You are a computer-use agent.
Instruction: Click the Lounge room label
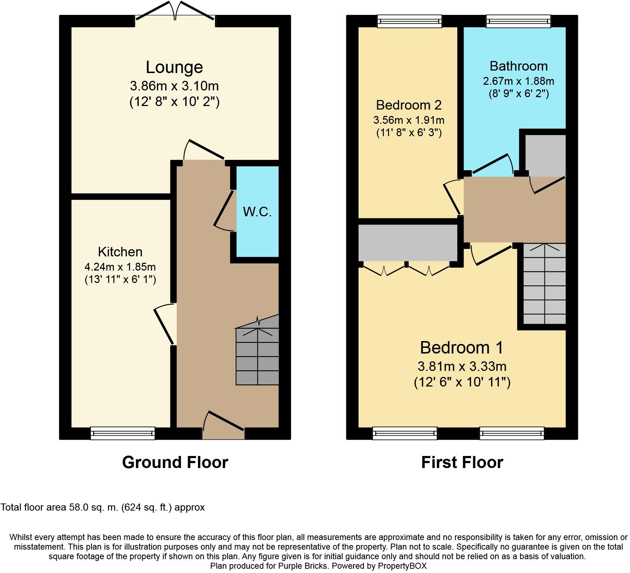174,67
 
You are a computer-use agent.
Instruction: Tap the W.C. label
257,212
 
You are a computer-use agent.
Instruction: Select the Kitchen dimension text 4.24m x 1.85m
120,267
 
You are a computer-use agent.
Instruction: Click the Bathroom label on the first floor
519,66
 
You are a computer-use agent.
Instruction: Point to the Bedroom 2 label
409,105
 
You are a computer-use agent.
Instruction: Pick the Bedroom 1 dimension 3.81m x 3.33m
462,366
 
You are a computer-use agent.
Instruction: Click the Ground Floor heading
175,462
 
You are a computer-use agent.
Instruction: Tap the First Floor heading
462,462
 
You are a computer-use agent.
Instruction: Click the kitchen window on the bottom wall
123,433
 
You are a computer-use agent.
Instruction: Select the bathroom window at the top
518,21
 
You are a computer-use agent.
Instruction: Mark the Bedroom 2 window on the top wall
410,21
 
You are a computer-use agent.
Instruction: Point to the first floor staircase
545,284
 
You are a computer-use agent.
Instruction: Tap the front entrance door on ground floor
223,424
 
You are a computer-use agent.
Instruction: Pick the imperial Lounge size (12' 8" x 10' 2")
174,102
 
